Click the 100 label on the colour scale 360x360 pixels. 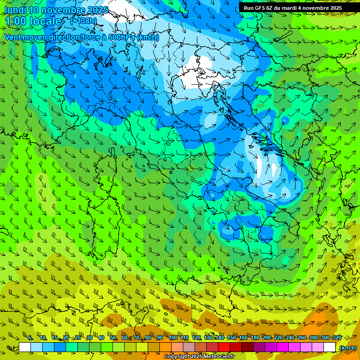pyautogui.click(x=173, y=337)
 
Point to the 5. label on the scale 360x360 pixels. pyautogui.click(x=30, y=337)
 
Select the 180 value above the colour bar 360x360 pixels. pyautogui.click(x=255, y=337)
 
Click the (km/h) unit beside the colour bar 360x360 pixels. pyautogui.click(x=347, y=347)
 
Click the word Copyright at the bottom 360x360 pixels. pyautogui.click(x=177, y=357)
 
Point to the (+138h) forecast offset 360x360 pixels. pyautogui.click(x=83, y=21)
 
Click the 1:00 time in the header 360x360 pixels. pyautogui.click(x=16, y=22)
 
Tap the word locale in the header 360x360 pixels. pyautogui.click(x=47, y=22)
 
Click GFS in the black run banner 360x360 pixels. pyautogui.click(x=260, y=8)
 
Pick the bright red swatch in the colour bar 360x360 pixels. pyautogui.click(x=224, y=347)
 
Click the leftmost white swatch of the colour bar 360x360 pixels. pyautogui.click(x=24, y=347)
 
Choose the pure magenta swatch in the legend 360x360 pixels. pyautogui.click(x=283, y=347)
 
